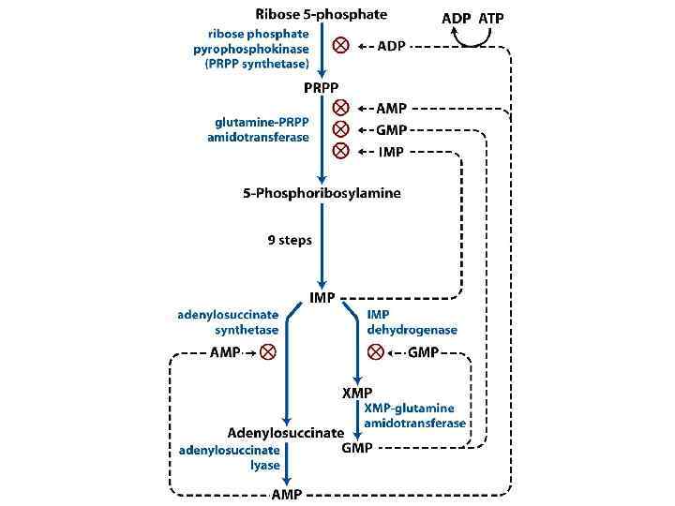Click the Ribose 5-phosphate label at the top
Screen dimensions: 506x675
[x=321, y=14]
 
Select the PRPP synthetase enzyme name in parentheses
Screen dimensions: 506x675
[x=258, y=63]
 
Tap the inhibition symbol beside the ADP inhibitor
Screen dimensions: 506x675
[x=342, y=46]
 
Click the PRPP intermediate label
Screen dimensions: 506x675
[x=322, y=87]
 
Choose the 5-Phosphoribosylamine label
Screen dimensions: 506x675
[x=322, y=193]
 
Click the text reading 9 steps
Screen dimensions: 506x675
[x=290, y=240]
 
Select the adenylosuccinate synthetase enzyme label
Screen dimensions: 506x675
[x=228, y=322]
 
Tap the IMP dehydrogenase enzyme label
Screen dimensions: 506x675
[x=412, y=322]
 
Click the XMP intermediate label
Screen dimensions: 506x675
[x=357, y=392]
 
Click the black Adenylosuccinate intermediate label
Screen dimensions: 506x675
[x=286, y=433]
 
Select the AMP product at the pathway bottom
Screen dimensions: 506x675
[x=287, y=493]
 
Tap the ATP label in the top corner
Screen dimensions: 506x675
[x=492, y=18]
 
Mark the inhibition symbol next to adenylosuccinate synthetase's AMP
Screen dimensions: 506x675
[x=268, y=352]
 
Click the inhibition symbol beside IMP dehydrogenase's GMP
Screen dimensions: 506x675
[x=376, y=352]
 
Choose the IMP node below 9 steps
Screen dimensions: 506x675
[x=322, y=298]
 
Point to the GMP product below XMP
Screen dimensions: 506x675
[x=357, y=448]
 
